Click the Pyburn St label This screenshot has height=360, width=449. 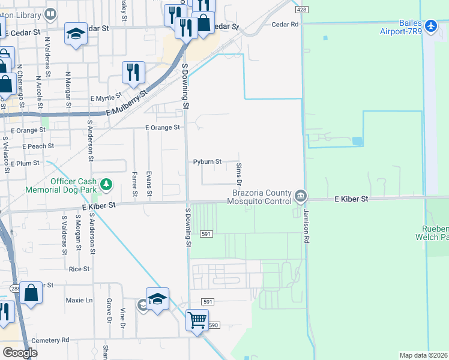click(x=207, y=162)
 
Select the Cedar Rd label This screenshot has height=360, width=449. click(x=285, y=25)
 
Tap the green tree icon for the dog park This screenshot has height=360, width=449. click(x=106, y=183)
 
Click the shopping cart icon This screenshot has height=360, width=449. click(x=197, y=320)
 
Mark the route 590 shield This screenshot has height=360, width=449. click(x=214, y=325)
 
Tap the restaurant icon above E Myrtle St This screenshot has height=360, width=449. click(x=133, y=73)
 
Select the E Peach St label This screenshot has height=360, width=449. click(x=38, y=146)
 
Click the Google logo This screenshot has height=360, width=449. click(x=19, y=353)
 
